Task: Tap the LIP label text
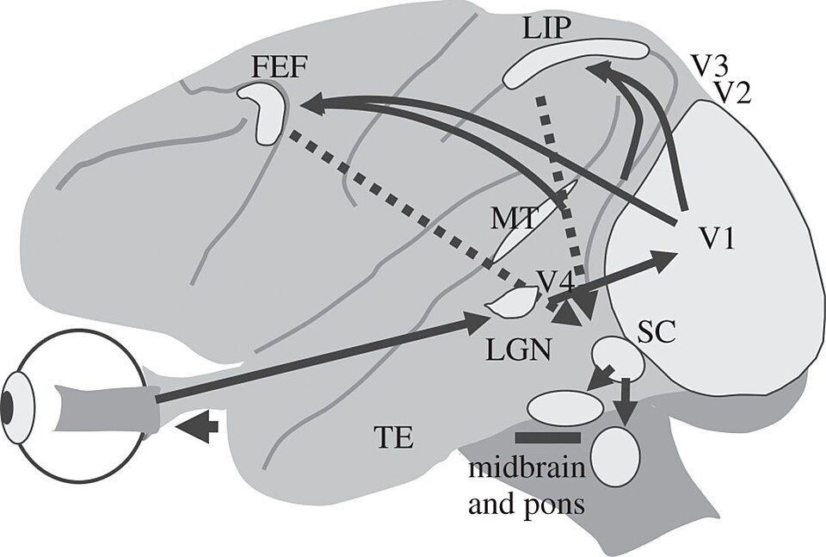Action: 546,29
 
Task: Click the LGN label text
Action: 518,350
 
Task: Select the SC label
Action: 656,333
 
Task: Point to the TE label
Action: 393,437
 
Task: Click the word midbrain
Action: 527,468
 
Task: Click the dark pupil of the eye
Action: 7,408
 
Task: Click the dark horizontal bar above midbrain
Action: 548,437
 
